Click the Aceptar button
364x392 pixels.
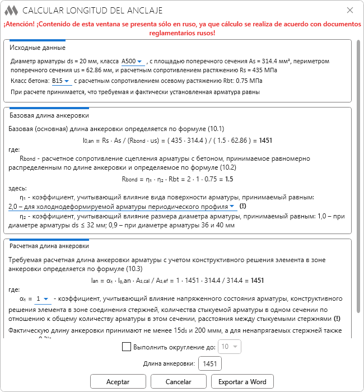tap(118, 381)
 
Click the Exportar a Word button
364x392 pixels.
tap(242, 381)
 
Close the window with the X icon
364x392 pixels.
tap(350, 10)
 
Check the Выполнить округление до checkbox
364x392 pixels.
tap(126, 347)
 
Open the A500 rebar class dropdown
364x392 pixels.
tap(133, 61)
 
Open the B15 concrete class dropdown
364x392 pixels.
tap(60, 81)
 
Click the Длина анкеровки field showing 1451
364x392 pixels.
tap(210, 364)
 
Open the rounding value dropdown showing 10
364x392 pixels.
tap(230, 347)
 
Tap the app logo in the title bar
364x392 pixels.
tap(11, 10)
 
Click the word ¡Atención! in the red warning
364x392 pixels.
tap(22, 25)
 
